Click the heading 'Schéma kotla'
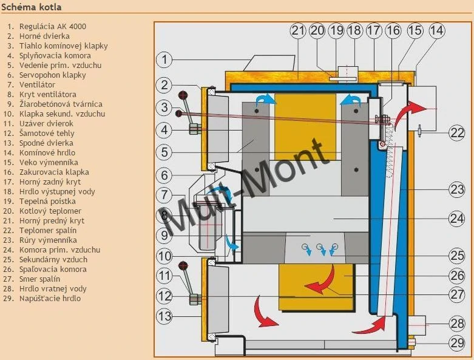(32, 7)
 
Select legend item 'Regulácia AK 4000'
(53, 26)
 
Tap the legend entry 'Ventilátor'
(37, 84)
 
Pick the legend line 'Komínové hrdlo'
(47, 152)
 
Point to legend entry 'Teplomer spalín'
(48, 230)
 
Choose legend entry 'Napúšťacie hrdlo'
(50, 298)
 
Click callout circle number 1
(164, 59)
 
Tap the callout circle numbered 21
(298, 30)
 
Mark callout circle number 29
(456, 343)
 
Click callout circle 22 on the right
(456, 132)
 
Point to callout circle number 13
(164, 316)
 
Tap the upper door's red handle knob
(183, 95)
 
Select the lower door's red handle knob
(183, 267)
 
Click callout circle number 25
(456, 256)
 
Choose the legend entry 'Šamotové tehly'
(47, 134)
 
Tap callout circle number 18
(354, 30)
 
